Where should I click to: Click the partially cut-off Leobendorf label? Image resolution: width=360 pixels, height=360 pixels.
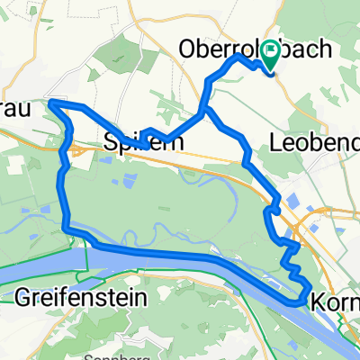[316, 141]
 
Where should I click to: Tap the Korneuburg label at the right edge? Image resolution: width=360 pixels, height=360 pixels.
[337, 305]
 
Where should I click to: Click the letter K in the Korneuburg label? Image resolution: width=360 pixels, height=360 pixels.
[320, 305]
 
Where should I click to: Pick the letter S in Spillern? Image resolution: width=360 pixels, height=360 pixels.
[111, 141]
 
